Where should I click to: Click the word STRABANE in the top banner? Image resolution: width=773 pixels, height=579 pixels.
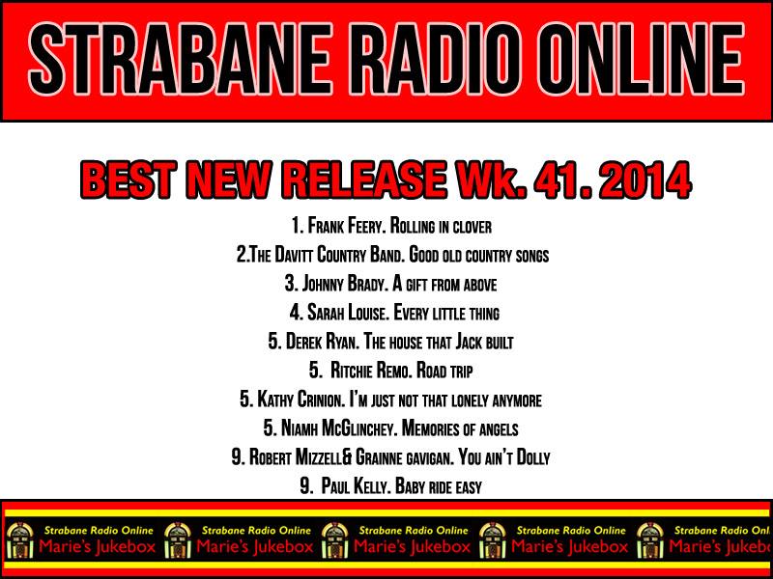[180, 59]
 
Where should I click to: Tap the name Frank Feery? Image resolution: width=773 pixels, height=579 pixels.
[347, 227]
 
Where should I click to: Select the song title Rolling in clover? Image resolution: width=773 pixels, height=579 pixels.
[441, 227]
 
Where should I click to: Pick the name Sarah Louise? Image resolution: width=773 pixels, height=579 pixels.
[347, 313]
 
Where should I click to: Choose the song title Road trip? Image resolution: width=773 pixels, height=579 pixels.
[444, 371]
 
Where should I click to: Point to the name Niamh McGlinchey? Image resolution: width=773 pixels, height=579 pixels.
[339, 428]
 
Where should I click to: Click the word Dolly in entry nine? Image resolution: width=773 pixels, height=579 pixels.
[532, 457]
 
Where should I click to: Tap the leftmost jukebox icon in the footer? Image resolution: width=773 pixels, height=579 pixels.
[20, 540]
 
